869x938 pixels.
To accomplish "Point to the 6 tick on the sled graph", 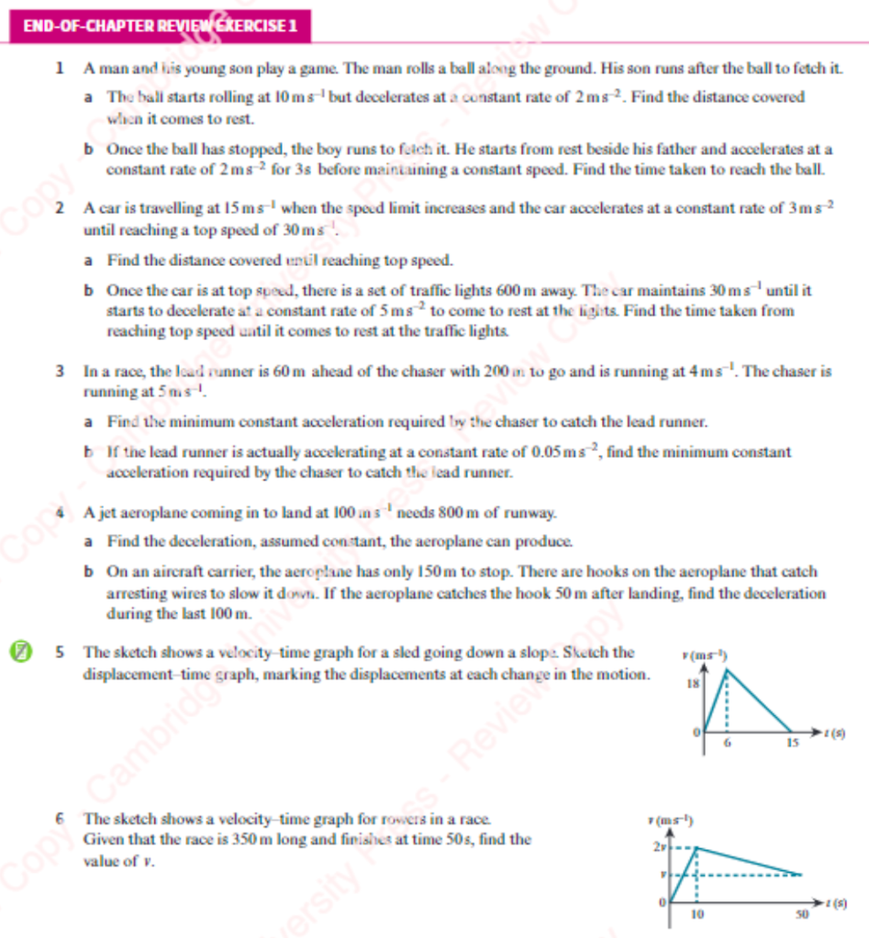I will [727, 745].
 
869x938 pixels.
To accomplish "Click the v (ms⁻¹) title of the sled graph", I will [706, 654].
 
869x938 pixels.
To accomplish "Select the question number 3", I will [60, 372].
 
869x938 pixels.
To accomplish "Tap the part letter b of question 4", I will [88, 571].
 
